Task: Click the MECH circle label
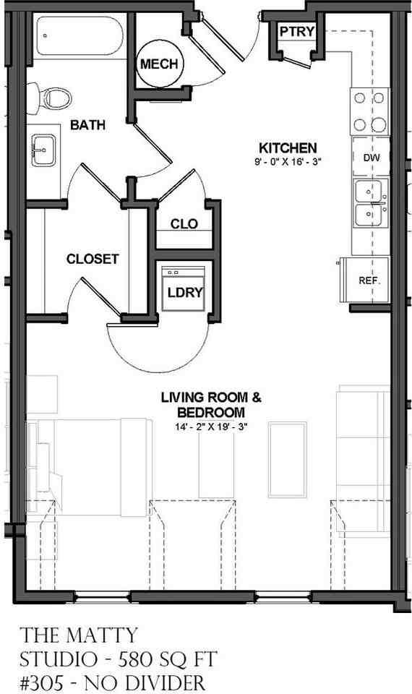click(x=159, y=64)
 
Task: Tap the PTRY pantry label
click(x=295, y=31)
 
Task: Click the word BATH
click(x=87, y=125)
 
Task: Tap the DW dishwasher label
click(x=370, y=158)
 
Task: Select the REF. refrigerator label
click(x=369, y=280)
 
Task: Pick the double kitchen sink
click(x=370, y=203)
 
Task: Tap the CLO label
click(x=184, y=224)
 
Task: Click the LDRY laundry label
click(x=185, y=293)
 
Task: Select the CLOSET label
click(x=93, y=259)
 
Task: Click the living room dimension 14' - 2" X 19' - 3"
click(x=211, y=427)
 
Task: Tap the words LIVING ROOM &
click(x=210, y=397)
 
